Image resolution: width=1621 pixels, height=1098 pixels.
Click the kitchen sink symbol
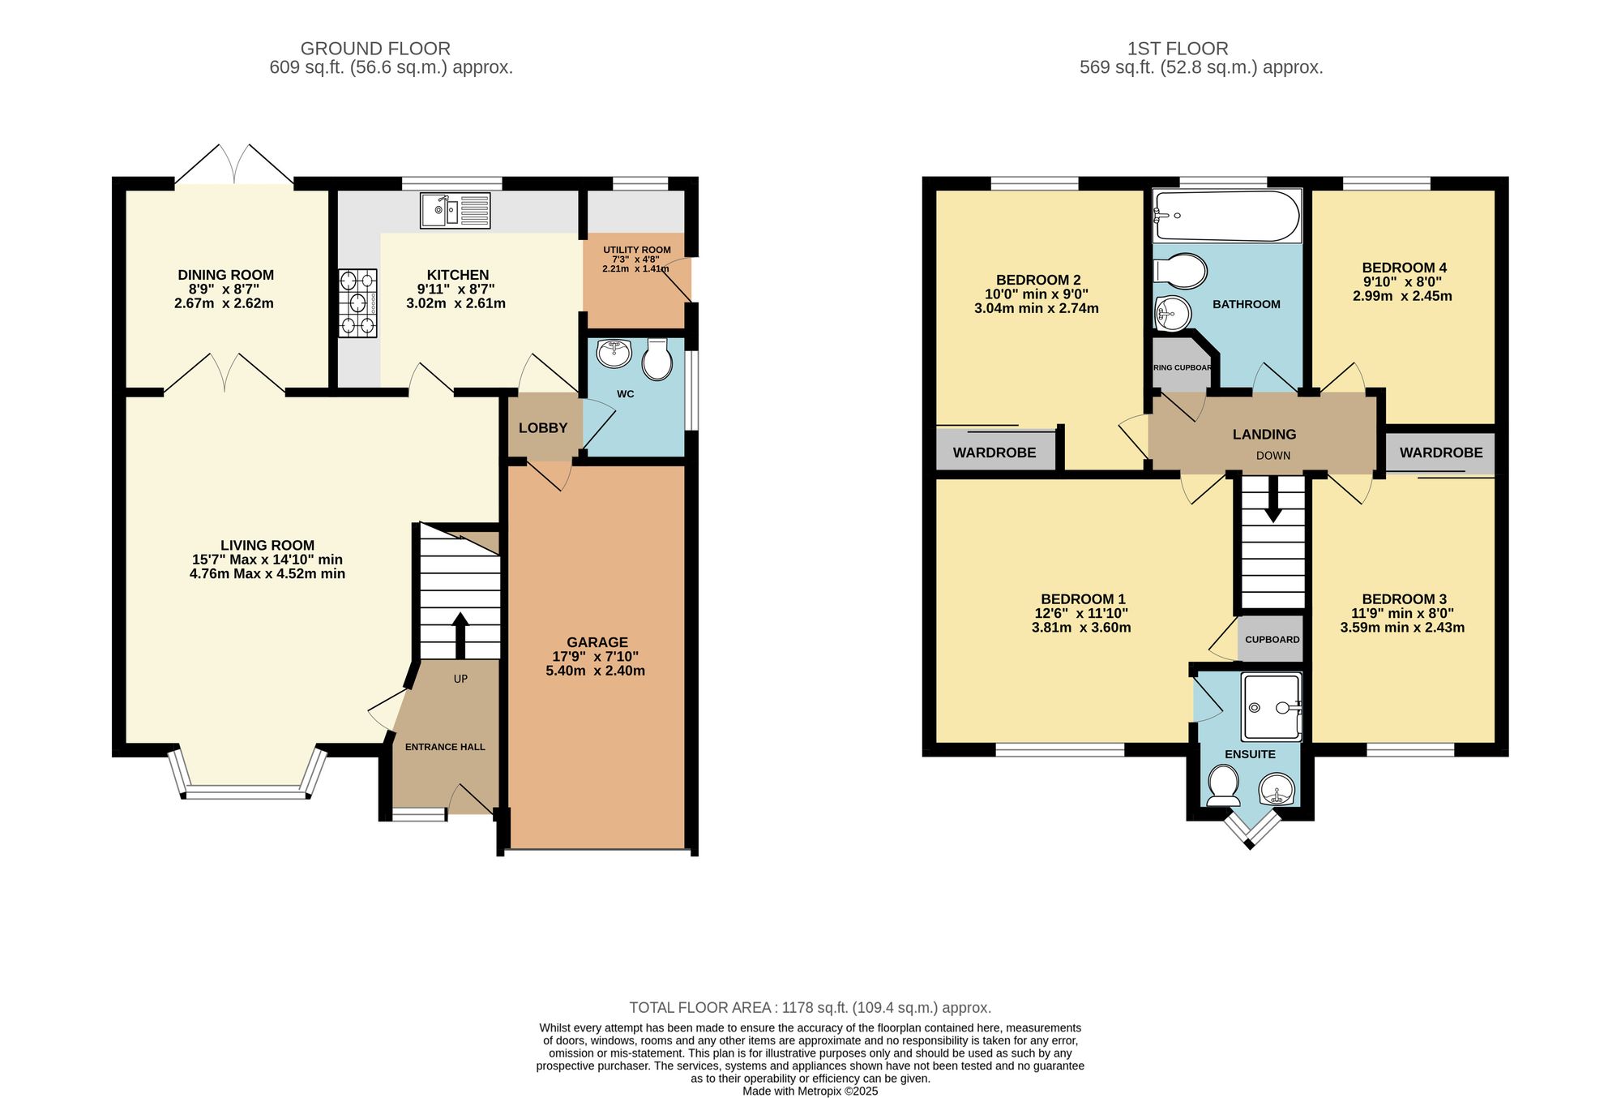pos(455,210)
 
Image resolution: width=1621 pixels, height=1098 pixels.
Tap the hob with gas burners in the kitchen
pos(357,303)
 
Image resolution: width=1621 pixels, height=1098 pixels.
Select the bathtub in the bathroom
pos(1226,216)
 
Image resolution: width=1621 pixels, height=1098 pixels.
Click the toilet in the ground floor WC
pos(657,359)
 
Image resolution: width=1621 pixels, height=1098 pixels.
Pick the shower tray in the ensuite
pos(1271,706)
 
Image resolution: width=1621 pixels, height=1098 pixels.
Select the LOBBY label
pos(542,428)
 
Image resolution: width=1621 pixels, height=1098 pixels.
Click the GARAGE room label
pos(597,642)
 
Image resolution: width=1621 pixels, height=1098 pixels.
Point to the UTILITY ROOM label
pos(636,250)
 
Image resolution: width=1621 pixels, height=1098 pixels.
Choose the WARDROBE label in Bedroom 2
pos(994,452)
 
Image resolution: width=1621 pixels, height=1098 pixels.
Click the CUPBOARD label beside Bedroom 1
pos(1272,639)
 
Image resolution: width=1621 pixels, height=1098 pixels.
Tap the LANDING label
pos(1264,435)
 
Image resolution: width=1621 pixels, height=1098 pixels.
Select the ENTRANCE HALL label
pos(445,747)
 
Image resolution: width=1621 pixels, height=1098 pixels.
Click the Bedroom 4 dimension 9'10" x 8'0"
pos(1402,282)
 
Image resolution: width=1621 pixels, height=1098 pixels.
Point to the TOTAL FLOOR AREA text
pos(810,1008)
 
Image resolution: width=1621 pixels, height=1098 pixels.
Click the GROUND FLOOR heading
pos(375,49)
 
